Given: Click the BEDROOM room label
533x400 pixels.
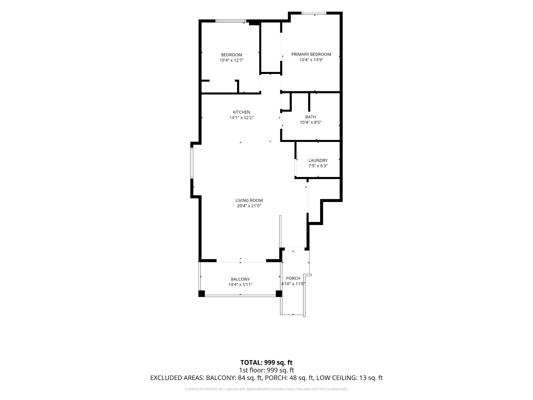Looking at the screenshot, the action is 232,55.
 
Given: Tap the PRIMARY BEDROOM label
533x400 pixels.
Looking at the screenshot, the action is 311,54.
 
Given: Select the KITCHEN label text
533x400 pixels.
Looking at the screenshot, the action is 242,112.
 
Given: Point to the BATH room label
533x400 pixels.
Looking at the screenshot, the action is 311,117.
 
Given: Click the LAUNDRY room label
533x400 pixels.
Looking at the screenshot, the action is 318,160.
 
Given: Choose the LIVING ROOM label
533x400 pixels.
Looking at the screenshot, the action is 249,200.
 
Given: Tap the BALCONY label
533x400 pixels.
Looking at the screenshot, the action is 240,279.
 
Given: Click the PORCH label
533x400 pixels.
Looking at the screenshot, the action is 293,278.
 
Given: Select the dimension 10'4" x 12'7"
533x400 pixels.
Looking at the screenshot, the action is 232,60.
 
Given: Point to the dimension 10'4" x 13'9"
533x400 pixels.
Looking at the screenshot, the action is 311,59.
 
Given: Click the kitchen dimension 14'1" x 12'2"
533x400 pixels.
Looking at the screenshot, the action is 242,117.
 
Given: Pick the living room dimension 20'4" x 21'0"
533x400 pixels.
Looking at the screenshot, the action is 249,206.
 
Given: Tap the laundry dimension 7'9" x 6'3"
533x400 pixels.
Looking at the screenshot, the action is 318,166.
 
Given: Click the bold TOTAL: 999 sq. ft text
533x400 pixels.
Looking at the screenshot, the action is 266,362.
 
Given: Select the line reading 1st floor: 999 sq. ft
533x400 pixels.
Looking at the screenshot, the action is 266,370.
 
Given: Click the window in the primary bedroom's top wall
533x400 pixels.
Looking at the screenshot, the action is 314,13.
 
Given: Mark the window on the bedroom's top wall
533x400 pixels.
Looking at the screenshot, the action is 231,21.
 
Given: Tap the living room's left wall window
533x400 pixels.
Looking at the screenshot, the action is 192,163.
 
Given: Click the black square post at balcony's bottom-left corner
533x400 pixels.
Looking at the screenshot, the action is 202,294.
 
